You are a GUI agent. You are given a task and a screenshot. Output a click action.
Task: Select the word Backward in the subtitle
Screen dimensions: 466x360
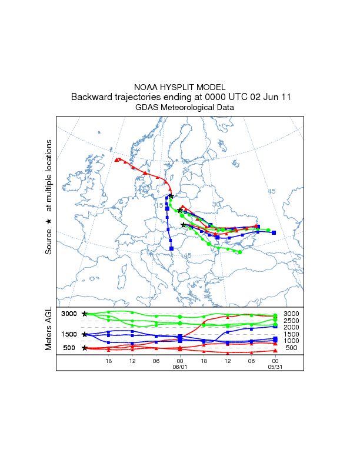[x=90, y=97]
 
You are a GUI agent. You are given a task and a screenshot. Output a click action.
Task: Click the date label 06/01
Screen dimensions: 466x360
[x=179, y=365]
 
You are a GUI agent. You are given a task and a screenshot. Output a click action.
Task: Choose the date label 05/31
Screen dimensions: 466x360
[x=275, y=365]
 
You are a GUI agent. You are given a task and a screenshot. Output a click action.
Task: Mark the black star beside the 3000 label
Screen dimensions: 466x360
[x=85, y=314]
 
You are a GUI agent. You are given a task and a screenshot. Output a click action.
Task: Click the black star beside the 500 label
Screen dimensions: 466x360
[x=85, y=348]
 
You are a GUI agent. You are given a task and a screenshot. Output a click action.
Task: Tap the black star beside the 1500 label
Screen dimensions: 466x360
[x=85, y=334]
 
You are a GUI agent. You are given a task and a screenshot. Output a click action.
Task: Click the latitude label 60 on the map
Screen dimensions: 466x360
[x=185, y=161]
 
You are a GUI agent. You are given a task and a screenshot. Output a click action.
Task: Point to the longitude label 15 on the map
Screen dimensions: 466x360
[x=159, y=205]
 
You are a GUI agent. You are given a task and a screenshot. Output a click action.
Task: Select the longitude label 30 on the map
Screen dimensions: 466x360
[x=216, y=204]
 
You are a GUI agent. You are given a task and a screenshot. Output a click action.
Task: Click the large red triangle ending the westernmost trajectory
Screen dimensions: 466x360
[x=118, y=159]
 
